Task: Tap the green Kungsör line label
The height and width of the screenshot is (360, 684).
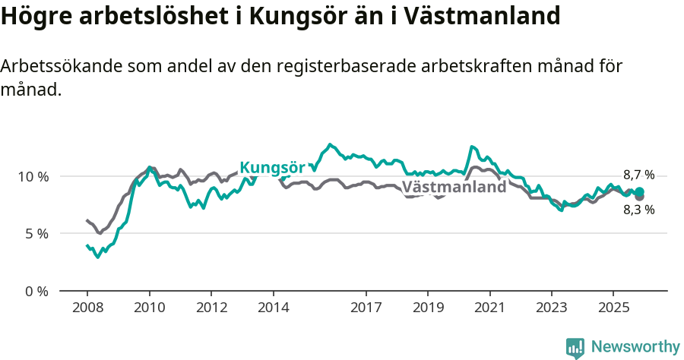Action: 272,168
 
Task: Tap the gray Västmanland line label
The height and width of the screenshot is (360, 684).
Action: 454,187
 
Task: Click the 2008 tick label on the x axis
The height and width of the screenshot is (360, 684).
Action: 87,308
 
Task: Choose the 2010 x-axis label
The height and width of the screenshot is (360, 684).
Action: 149,308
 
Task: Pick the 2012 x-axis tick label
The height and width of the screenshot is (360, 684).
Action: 211,308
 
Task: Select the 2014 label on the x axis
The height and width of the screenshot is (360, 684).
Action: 273,308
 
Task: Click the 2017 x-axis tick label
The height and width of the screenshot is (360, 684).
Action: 366,308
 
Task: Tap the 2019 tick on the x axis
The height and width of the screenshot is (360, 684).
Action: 427,308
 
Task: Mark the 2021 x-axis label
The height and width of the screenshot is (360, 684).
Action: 489,308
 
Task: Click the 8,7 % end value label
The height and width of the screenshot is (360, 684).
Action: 638,175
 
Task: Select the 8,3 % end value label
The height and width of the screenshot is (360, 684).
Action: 638,210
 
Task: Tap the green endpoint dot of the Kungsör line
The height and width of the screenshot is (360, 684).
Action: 640,191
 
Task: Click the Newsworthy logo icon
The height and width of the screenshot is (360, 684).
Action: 575,348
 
